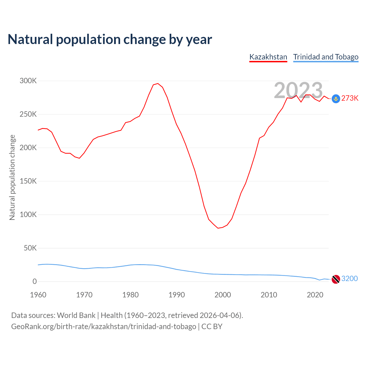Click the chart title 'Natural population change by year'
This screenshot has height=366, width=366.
click(110, 39)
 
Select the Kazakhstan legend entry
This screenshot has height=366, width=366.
click(268, 57)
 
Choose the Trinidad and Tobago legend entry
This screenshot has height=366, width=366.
click(326, 57)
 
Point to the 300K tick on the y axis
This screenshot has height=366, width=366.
click(28, 81)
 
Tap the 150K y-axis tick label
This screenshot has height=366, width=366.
click(28, 181)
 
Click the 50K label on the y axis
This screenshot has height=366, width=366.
click(30, 248)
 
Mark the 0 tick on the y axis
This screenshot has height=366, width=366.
click(35, 282)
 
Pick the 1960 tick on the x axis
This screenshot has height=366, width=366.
click(38, 295)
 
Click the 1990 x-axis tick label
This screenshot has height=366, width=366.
click(176, 295)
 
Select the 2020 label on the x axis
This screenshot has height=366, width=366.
click(315, 295)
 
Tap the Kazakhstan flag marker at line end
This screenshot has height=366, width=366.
click(336, 99)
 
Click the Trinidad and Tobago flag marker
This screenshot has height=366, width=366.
click(336, 279)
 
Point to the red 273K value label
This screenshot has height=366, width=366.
click(350, 98)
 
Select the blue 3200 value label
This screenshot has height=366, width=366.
click(349, 279)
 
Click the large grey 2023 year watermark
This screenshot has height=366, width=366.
click(298, 90)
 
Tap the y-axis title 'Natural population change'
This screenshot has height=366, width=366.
click(12, 177)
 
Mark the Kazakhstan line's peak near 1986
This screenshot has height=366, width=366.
click(158, 83)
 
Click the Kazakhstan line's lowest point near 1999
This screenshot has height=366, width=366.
click(218, 228)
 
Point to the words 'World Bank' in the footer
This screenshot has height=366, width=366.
click(76, 315)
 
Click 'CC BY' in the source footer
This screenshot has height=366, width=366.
click(212, 327)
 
